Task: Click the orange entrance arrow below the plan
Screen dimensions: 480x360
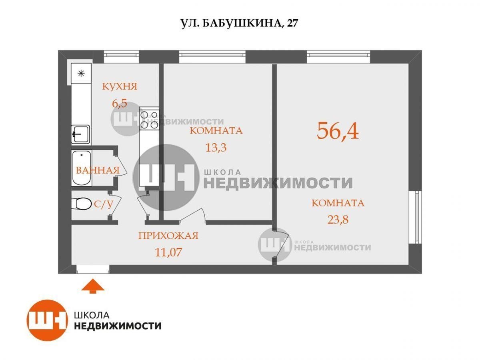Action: (x=93, y=286)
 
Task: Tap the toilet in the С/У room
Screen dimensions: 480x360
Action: (x=81, y=204)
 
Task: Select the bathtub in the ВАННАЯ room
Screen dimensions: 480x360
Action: (x=81, y=168)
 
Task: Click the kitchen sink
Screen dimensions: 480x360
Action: (x=80, y=134)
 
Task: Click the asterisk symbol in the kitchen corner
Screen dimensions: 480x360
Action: (x=81, y=73)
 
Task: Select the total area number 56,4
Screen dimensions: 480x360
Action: (x=338, y=131)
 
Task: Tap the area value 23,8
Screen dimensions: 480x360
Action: (x=338, y=220)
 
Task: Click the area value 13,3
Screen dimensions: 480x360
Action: (x=216, y=148)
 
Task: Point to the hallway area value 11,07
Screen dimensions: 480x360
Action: (x=168, y=252)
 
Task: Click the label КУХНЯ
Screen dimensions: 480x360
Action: (x=120, y=86)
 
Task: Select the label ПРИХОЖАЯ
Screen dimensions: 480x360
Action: (x=168, y=236)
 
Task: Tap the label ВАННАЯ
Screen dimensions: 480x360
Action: (x=98, y=170)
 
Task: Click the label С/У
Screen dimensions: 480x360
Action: (x=104, y=204)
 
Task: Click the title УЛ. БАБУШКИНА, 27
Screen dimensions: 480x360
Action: (x=239, y=23)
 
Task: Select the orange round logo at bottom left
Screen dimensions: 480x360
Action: (x=47, y=320)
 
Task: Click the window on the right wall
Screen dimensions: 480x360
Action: (x=415, y=217)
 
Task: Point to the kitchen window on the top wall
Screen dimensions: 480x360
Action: (x=121, y=57)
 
